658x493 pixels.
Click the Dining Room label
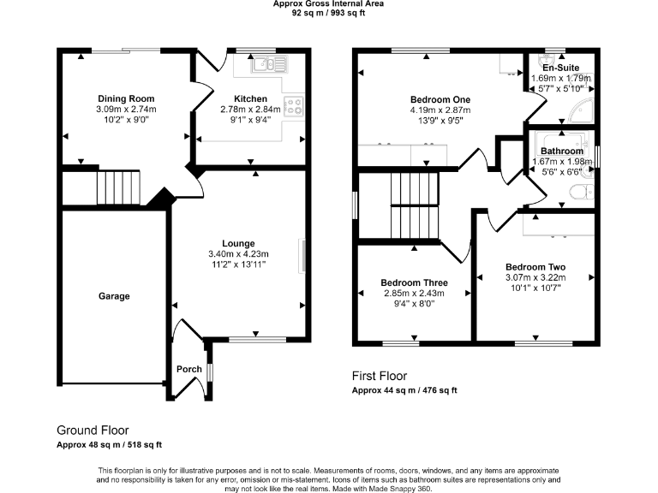pos(126,98)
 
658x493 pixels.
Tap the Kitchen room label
pos(249,98)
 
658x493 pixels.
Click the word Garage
pos(114,296)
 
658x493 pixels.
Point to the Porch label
pos(189,370)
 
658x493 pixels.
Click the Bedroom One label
pos(441,98)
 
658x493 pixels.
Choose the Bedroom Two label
pos(535,266)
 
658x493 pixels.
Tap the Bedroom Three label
pos(414,282)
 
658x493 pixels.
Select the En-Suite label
pos(561,67)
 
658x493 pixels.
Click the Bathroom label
pos(562,151)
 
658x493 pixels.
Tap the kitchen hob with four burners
pos(294,106)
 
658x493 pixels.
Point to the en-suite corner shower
pos(583,107)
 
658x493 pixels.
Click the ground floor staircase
pos(117,187)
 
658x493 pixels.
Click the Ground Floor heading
pos(93,430)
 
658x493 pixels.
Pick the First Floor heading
pos(380,376)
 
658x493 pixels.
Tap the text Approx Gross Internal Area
pos(328,4)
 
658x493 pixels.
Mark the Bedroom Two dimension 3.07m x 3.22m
pos(535,277)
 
